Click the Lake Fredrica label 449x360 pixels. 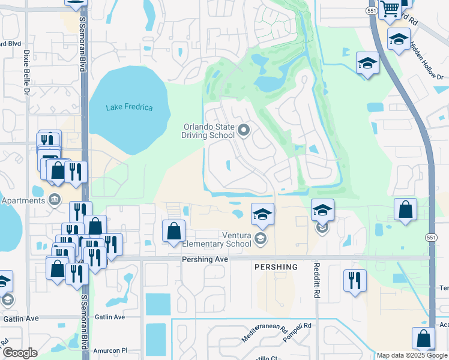[129, 107]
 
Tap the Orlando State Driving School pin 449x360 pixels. [244, 130]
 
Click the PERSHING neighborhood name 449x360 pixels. [276, 267]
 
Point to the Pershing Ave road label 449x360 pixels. [205, 259]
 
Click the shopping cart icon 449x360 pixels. [391, 8]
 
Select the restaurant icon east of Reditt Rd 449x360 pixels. [354, 279]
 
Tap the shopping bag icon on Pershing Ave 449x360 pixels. [173, 230]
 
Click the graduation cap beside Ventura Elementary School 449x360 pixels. [262, 214]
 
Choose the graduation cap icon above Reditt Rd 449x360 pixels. [322, 209]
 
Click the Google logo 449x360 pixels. [19, 353]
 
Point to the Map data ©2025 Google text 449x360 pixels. [412, 355]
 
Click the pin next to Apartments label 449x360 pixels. [55, 199]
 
